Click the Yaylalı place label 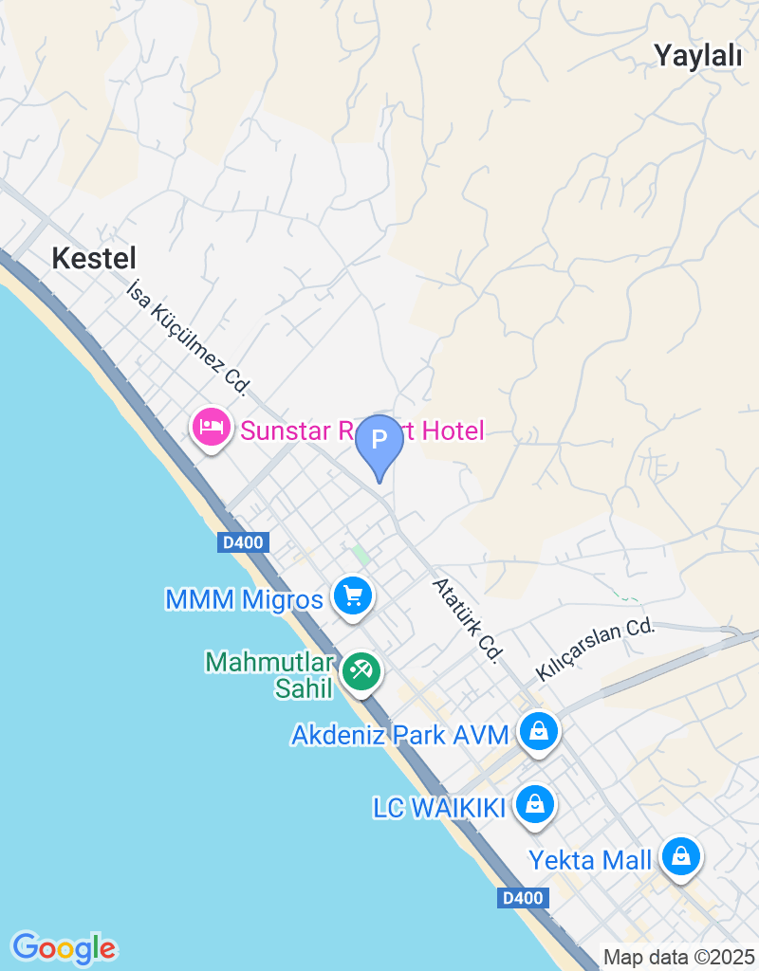click(x=697, y=56)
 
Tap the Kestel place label click(x=94, y=258)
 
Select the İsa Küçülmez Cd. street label click(x=189, y=337)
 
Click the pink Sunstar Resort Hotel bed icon click(x=211, y=428)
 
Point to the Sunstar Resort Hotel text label click(x=361, y=431)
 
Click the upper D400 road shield click(x=244, y=542)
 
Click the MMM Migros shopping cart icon click(x=354, y=597)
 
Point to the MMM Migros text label click(x=244, y=600)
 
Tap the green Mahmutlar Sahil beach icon click(x=361, y=670)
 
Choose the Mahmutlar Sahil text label click(x=270, y=674)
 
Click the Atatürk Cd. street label click(x=467, y=619)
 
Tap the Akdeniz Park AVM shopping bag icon click(x=539, y=731)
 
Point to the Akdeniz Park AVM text click(x=400, y=735)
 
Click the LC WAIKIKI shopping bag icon click(x=535, y=805)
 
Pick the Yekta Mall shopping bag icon click(x=680, y=857)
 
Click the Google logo click(x=64, y=947)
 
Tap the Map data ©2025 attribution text click(x=678, y=958)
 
